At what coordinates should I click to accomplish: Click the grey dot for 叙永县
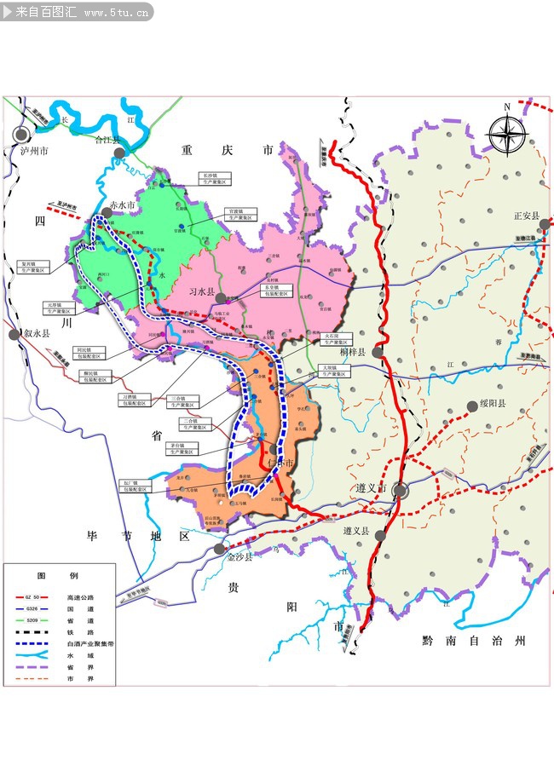pos(14,335)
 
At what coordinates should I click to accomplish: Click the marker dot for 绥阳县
pos(471,406)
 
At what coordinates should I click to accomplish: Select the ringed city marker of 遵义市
pos(400,490)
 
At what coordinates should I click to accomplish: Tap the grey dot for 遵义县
pos(380,536)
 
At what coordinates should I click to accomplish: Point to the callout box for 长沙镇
pos(212,178)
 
